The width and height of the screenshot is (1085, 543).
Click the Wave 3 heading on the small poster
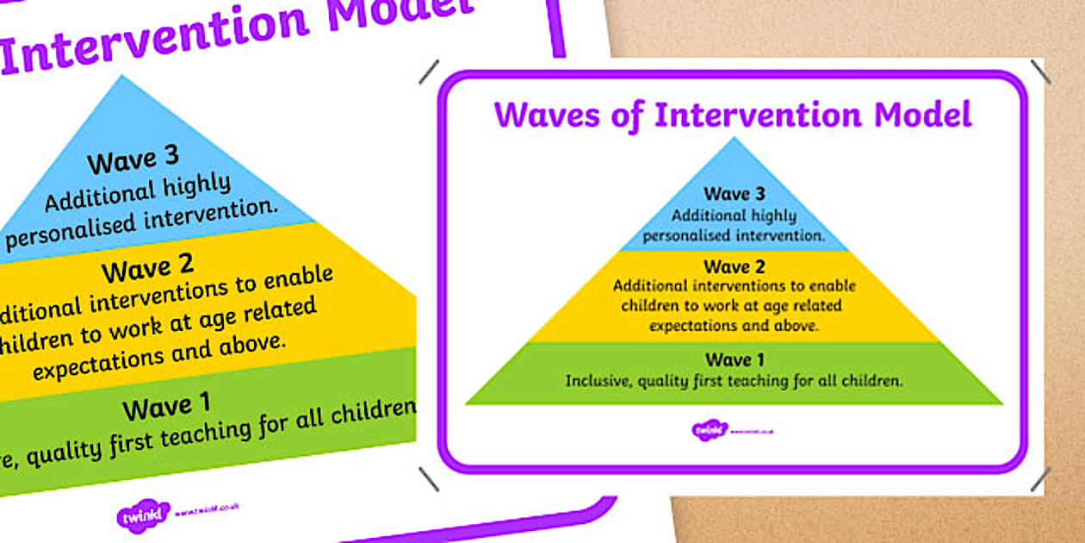(734, 194)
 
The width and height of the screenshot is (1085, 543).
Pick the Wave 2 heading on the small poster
(734, 267)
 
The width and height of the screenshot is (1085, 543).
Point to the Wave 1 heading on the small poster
(734, 359)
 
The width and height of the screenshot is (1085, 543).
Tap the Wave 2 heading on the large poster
(147, 270)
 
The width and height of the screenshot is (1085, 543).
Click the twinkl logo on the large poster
(142, 515)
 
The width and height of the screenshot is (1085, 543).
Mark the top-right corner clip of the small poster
(1039, 72)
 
